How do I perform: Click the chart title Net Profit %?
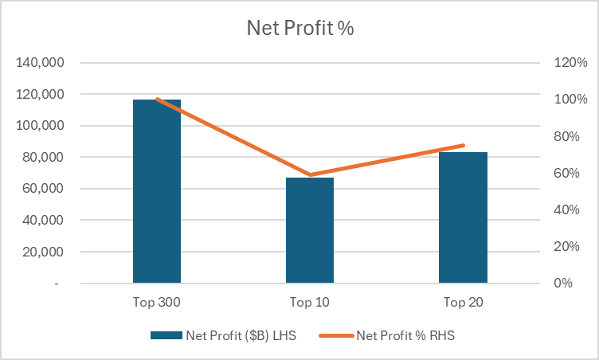(x=299, y=29)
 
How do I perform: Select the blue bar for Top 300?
(x=157, y=191)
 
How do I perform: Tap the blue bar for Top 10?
(x=310, y=230)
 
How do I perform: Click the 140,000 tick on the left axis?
(x=41, y=63)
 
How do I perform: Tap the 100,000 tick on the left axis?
(x=41, y=126)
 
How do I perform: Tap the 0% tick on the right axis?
(x=565, y=284)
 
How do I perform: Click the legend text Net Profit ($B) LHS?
(x=241, y=335)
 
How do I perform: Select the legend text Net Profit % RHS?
(x=406, y=335)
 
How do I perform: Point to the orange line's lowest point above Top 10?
(x=310, y=175)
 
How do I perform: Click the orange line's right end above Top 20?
(x=463, y=146)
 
